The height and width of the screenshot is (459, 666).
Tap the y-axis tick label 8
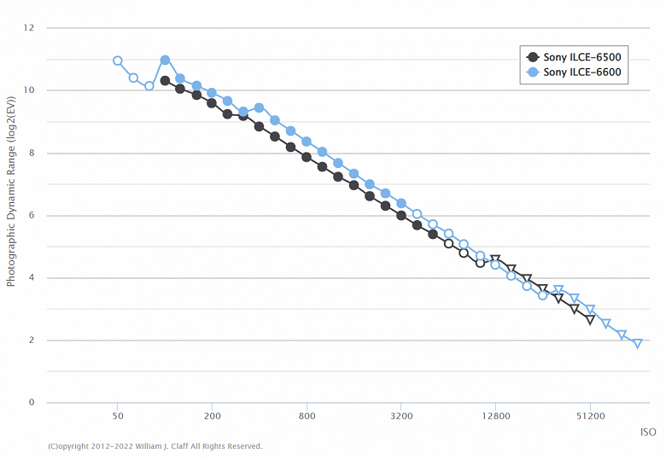click(31, 154)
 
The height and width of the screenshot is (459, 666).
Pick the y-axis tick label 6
click(31, 216)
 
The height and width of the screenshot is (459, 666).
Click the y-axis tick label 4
click(31, 278)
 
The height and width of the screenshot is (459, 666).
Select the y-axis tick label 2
click(31, 340)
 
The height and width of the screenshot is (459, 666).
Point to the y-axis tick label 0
click(31, 403)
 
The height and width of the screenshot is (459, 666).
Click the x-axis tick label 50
click(118, 416)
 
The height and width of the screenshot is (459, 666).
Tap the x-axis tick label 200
click(213, 416)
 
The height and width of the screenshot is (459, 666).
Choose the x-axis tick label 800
click(307, 416)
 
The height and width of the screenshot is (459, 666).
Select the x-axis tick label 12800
click(496, 416)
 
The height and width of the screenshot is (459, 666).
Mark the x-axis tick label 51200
click(590, 416)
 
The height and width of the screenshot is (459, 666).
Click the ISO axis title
click(647, 433)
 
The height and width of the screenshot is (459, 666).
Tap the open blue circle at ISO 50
click(118, 61)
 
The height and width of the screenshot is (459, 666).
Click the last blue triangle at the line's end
click(637, 344)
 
